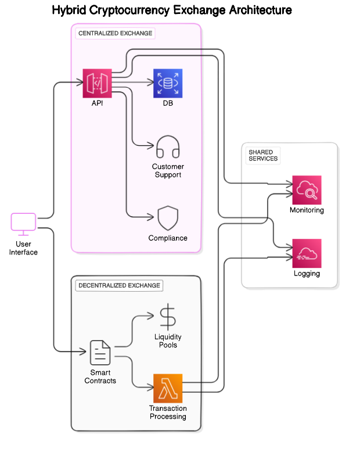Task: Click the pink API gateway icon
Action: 97,83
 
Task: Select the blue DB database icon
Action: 168,83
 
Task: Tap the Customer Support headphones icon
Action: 168,146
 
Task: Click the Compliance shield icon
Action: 168,218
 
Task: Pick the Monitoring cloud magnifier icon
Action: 307,190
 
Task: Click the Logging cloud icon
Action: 307,253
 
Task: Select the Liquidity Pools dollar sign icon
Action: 168,317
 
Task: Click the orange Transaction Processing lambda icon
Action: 168,388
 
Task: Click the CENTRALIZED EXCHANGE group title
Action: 115,34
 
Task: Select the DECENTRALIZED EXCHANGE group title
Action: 119,286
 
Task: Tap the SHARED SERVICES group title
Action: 263,155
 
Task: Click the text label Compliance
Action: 168,238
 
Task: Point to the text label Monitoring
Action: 307,210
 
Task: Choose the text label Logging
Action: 307,274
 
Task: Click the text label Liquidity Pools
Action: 168,341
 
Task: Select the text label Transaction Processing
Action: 168,413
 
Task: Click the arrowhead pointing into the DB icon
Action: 150,83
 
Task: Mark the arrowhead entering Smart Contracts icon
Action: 84,352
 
